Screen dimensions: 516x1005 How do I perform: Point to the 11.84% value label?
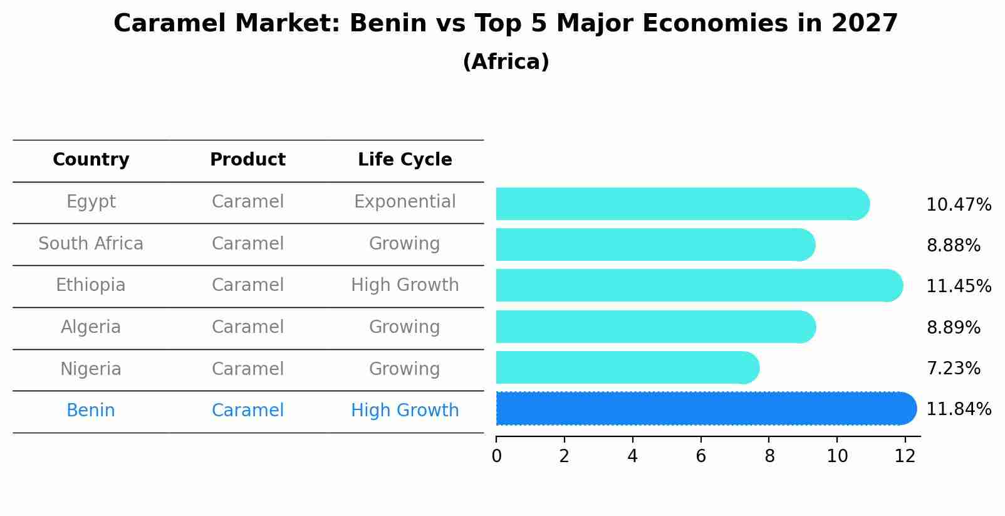click(x=959, y=409)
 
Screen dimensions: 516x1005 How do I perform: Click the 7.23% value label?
click(x=953, y=369)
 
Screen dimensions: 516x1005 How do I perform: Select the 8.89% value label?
click(x=953, y=327)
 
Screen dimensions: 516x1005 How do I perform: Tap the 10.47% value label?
click(x=959, y=205)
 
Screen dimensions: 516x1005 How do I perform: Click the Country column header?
click(x=91, y=160)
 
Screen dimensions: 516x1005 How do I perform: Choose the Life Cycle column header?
click(x=405, y=160)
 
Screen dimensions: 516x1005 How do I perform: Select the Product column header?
click(x=247, y=160)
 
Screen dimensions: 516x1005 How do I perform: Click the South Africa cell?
click(x=91, y=244)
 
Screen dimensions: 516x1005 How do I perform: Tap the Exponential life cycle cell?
click(x=405, y=202)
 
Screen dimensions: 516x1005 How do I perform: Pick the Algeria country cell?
click(x=91, y=327)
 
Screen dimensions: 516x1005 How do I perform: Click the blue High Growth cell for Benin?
click(x=405, y=411)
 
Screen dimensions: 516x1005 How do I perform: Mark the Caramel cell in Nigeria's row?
click(x=247, y=369)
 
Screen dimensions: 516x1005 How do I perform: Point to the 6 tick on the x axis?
click(x=700, y=456)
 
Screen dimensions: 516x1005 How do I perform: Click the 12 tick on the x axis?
click(x=905, y=456)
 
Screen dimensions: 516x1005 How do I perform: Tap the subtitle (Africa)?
click(x=506, y=62)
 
